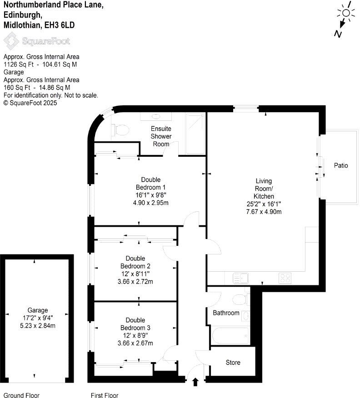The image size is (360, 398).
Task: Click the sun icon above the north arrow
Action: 346,12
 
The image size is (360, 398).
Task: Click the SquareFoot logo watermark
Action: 37,41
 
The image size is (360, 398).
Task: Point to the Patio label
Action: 340,165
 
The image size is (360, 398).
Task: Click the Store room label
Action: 233,363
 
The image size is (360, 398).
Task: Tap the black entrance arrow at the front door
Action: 196,382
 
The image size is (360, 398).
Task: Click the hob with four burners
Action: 285,278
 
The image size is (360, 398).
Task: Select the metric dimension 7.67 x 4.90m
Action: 264,212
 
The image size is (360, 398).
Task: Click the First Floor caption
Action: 104,395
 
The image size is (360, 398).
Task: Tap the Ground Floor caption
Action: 20,395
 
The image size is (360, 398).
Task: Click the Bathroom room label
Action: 226,313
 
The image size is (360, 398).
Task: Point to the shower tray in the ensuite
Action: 195,133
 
